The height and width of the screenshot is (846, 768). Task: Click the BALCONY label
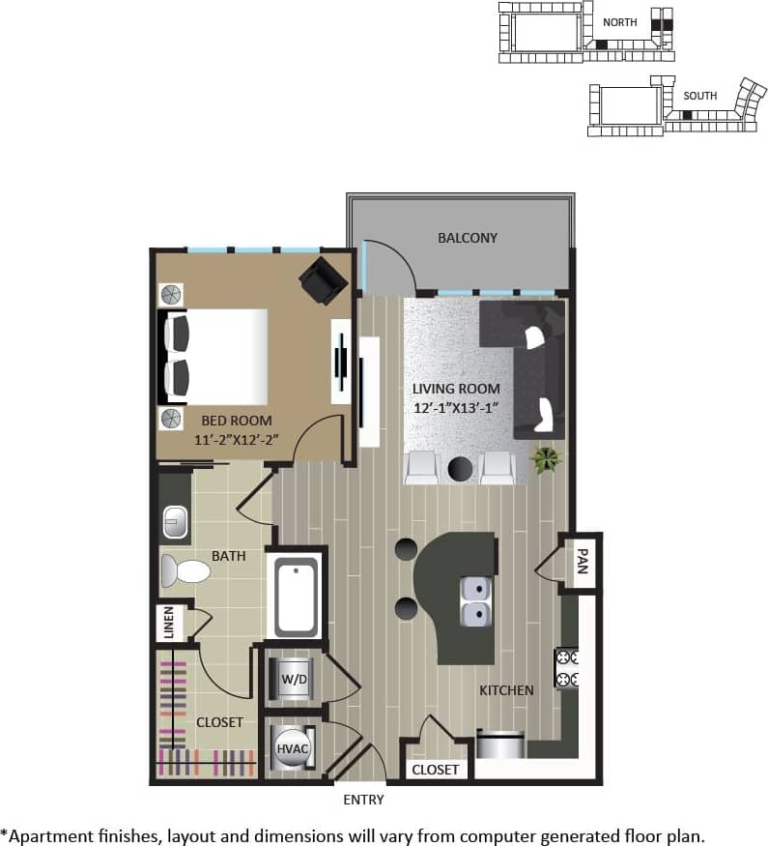coord(467,237)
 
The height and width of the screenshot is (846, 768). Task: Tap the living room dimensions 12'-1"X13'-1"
coord(457,407)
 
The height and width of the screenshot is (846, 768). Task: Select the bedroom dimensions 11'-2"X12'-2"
coord(237,438)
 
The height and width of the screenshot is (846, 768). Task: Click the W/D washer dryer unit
coord(294,679)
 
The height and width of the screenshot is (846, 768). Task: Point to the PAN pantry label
coord(582,561)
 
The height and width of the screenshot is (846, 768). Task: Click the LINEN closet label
coord(169,623)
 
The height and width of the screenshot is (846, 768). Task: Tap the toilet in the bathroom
coord(185,571)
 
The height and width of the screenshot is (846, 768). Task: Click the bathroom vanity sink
coord(175,525)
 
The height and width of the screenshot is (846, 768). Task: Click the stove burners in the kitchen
coord(567,668)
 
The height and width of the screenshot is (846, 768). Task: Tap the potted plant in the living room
coord(547,458)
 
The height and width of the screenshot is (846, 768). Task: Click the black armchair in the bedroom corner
coord(321,279)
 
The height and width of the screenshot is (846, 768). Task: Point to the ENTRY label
coord(363,800)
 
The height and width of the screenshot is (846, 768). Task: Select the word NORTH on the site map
coord(619,21)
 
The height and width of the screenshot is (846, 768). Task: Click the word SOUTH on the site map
coord(700,96)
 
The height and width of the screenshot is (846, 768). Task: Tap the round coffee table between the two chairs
coord(462,469)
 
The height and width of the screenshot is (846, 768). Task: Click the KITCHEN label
coord(506,690)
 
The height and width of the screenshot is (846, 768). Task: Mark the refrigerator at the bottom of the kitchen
coord(501,744)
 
